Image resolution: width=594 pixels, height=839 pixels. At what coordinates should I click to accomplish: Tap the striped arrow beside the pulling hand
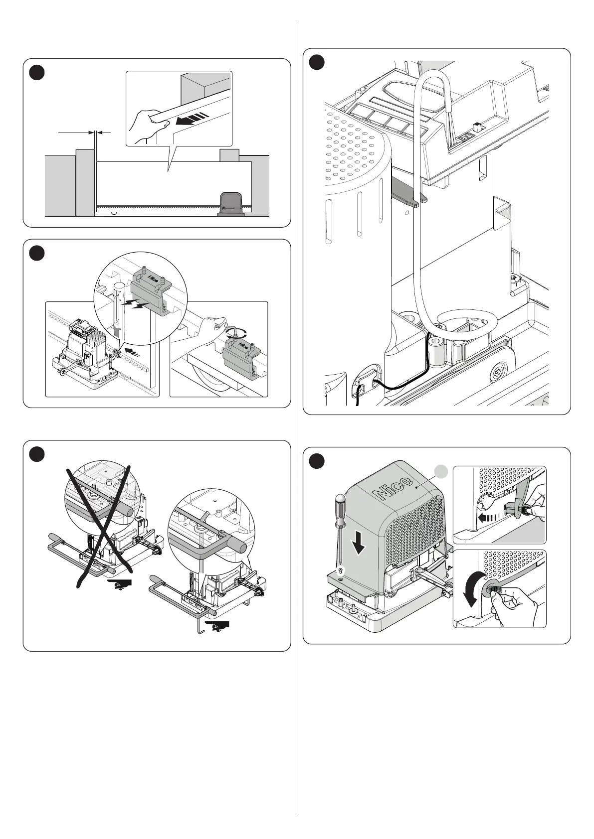point(191,120)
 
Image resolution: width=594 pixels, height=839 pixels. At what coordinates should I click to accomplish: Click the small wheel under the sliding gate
point(114,214)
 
